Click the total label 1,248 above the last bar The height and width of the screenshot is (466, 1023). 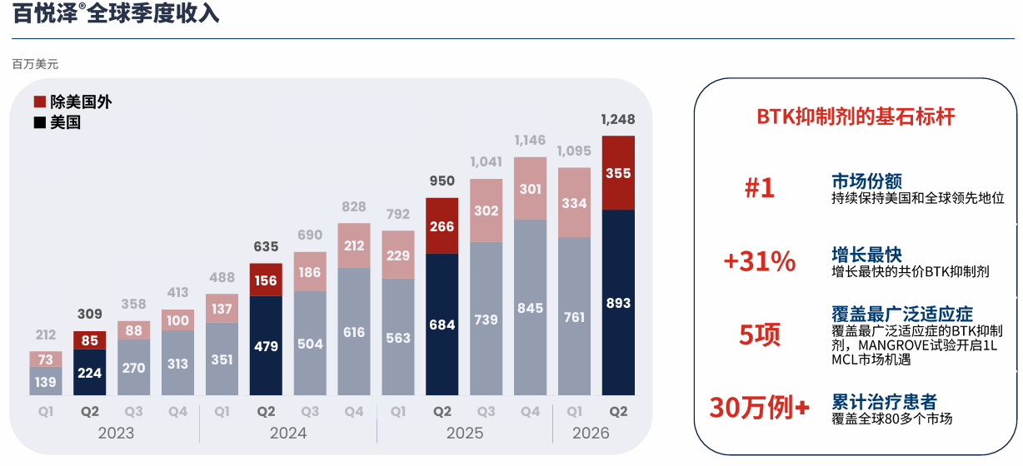pos(618,119)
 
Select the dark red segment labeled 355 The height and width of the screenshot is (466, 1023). pos(618,172)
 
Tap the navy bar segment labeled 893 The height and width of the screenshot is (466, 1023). pos(618,302)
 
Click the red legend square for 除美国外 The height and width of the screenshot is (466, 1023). pos(40,102)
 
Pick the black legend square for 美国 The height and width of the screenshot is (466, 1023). pos(40,122)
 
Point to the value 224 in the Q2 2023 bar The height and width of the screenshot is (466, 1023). pos(89,373)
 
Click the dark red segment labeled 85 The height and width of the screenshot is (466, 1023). pos(89,340)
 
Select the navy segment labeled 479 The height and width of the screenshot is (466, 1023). pos(266,345)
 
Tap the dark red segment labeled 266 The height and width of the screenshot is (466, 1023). pos(442,226)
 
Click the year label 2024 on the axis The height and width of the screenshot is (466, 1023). pos(287,433)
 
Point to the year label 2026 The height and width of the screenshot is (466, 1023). pos(591,433)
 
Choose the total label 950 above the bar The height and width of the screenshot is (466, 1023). pos(442,181)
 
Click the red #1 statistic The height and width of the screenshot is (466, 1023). pos(760,187)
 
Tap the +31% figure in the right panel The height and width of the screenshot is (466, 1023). pos(760,261)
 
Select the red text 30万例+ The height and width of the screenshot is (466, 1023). pos(760,407)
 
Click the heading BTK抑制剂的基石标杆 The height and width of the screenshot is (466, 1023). pos(856,116)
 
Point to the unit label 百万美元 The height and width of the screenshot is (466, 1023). pos(35,64)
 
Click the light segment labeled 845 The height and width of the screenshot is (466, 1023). pos(530,308)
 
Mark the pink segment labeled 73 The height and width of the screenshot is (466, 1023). pos(46,359)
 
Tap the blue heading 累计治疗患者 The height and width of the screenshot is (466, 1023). pos(884,402)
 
